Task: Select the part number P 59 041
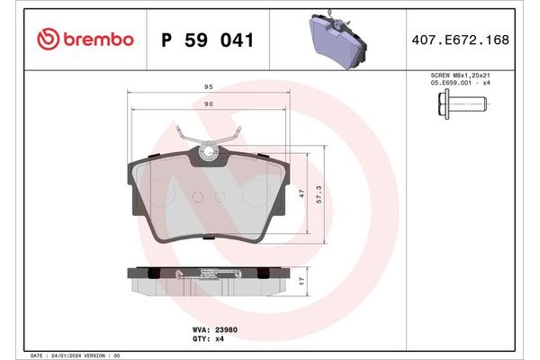click(x=206, y=40)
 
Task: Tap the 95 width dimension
click(x=208, y=88)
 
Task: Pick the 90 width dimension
click(x=208, y=104)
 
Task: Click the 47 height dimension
click(x=301, y=192)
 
